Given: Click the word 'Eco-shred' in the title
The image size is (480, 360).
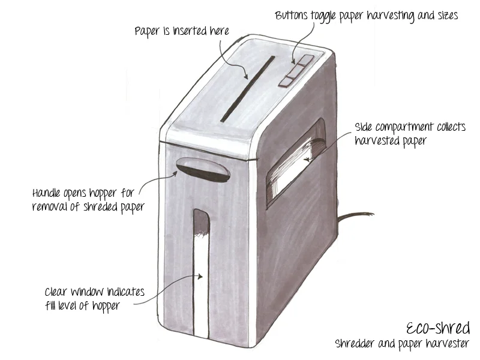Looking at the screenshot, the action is click(438, 328).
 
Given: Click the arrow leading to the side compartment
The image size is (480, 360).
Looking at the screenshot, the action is click(330, 144).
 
